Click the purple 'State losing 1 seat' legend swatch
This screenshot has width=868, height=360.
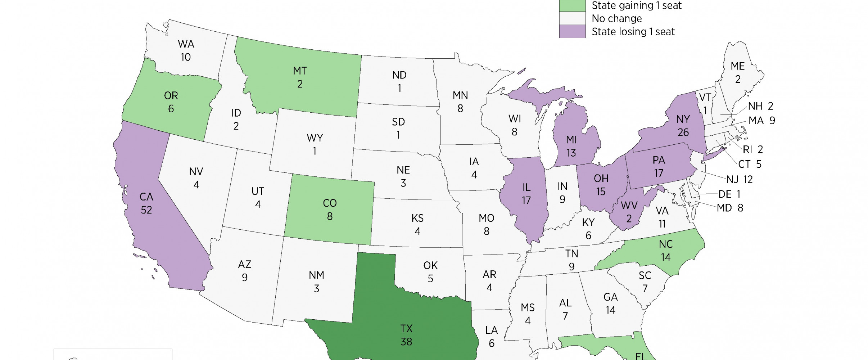tap(572, 32)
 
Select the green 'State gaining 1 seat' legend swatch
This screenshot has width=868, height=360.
tap(572, 5)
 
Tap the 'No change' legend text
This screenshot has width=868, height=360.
tap(616, 18)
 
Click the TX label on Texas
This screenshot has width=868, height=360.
tap(406, 329)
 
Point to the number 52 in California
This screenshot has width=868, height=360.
tap(146, 210)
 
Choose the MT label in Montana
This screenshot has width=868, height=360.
tap(300, 71)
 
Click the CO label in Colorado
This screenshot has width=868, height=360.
tap(330, 203)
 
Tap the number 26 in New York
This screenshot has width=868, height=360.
tap(683, 132)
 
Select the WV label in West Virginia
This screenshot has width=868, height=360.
tap(629, 206)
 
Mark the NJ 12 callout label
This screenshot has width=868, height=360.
tap(739, 179)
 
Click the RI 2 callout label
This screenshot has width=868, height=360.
tap(753, 149)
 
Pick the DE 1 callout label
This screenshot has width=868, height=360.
tap(729, 194)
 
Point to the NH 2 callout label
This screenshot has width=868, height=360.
tap(760, 106)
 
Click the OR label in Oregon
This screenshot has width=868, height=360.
tap(171, 96)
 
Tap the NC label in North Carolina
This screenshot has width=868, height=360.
tap(666, 244)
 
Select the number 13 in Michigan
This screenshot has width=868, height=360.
tap(571, 153)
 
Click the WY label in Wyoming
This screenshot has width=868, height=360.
tap(315, 138)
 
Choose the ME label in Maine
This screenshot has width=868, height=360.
tap(737, 66)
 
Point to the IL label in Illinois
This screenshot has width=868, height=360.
tap(526, 188)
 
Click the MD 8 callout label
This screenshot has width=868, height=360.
tap(730, 208)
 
